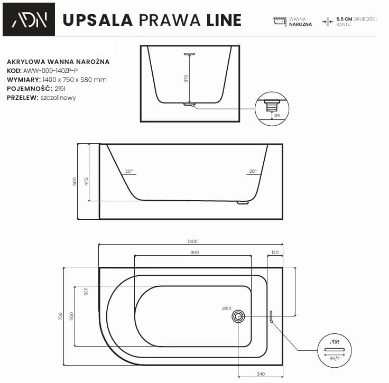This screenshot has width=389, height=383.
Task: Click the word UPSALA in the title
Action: pos(97,20)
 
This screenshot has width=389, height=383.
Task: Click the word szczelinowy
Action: pos(58,98)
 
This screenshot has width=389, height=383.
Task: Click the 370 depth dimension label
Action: pos(186,79)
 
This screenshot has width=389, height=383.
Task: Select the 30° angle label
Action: pos(128,171)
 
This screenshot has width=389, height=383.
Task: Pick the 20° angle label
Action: pos(253,171)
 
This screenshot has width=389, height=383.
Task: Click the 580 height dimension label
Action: pos(75,181)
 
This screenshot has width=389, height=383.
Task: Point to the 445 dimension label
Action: pos(86,181)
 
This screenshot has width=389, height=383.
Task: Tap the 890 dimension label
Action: pos(195,253)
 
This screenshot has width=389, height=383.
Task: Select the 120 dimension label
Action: pos(274,253)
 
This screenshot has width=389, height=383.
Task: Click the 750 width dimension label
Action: pos(61,316)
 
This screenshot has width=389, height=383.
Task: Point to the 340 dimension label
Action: pos(260,375)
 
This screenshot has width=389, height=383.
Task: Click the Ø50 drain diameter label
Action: pos(227,309)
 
